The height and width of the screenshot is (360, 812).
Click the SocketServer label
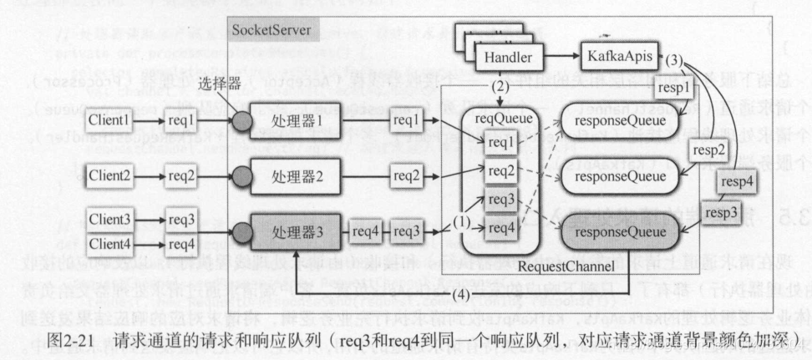271,31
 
